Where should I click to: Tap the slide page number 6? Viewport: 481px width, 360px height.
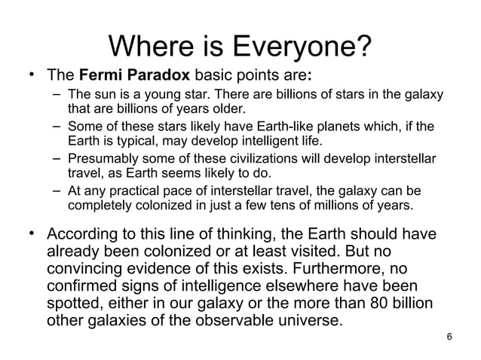450,337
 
